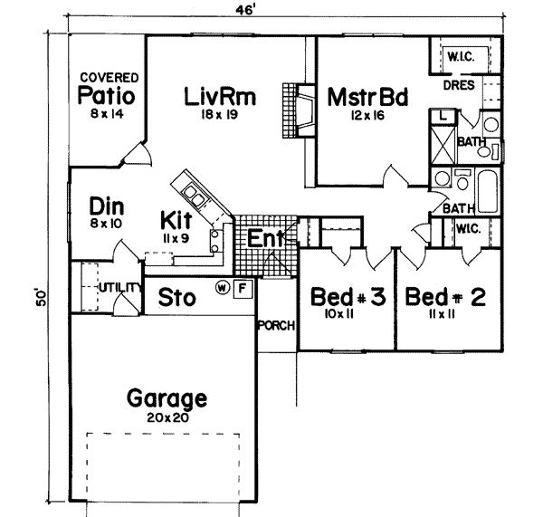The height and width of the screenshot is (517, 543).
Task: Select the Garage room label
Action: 167,398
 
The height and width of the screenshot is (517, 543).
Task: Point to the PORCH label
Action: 275,327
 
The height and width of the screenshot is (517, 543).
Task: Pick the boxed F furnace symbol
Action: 241,289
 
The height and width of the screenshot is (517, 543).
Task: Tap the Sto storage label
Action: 178,296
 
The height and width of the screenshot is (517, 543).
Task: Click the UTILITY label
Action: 119,287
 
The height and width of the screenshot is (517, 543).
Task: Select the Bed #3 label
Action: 347,298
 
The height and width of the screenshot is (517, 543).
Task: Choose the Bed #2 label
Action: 441,298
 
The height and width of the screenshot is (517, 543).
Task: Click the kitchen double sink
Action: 195,192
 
